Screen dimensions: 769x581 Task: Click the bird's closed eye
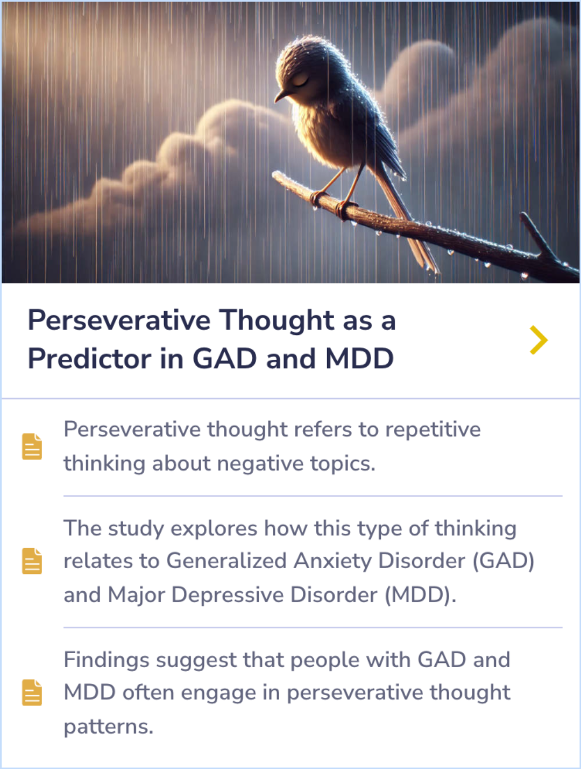click(x=300, y=81)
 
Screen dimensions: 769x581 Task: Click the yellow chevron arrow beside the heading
click(x=538, y=340)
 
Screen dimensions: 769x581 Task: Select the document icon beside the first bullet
click(x=32, y=446)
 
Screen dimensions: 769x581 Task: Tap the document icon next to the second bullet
click(x=32, y=561)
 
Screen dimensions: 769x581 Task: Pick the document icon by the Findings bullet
click(x=32, y=693)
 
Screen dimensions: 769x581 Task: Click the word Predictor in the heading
click(x=89, y=359)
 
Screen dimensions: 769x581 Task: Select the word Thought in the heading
click(x=277, y=320)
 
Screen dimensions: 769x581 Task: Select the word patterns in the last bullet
click(x=108, y=726)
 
